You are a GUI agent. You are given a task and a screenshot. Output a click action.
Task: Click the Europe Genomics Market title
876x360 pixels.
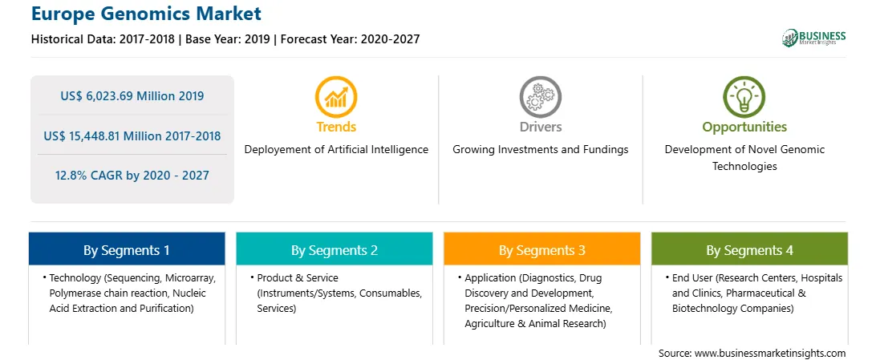[146, 14]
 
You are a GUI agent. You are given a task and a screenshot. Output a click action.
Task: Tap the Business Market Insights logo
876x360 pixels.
[814, 38]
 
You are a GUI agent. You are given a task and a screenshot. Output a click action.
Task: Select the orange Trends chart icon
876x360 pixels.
[336, 96]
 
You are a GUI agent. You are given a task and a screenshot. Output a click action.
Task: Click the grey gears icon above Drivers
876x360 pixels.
[540, 96]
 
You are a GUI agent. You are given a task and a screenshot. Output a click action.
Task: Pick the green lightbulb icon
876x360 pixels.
[744, 96]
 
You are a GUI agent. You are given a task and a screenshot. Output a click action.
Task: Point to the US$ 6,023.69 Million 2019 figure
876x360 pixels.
[132, 96]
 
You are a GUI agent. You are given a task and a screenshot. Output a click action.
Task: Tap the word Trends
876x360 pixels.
[336, 127]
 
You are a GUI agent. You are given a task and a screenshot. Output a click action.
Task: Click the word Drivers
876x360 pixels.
[540, 127]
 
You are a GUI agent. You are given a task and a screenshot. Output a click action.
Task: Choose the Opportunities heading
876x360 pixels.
[744, 127]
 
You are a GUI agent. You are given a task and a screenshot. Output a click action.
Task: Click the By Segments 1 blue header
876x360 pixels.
[127, 249]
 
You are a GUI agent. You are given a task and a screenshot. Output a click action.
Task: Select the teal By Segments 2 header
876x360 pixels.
[334, 249]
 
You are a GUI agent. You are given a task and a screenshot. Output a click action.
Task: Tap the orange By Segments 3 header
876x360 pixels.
[542, 249]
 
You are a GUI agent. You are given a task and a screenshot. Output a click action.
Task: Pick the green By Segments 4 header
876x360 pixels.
[750, 249]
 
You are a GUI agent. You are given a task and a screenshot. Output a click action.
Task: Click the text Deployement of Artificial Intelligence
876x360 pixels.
[336, 150]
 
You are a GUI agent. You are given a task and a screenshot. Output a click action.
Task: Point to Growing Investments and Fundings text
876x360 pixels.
[540, 150]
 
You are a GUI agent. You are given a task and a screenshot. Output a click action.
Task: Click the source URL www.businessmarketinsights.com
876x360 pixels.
[771, 353]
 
